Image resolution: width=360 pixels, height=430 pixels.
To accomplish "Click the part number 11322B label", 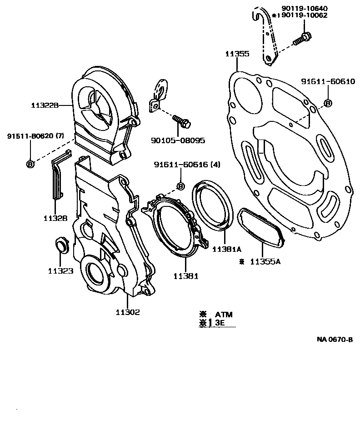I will tap(45, 105).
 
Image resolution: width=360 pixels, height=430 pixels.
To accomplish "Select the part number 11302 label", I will tap(127, 312).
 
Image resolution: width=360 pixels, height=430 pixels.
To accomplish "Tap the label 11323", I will tap(60, 271).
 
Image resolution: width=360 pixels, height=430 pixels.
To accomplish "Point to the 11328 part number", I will tap(56, 218).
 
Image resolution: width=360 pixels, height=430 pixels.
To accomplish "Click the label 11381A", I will tap(226, 249).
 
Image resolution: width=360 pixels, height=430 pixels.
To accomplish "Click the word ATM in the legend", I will tap(223, 314).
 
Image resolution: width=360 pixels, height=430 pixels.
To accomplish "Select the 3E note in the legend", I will tap(220, 323).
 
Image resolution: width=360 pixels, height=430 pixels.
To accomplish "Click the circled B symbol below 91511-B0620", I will tap(30, 164).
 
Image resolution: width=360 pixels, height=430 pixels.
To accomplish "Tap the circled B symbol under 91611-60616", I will tap(180, 186).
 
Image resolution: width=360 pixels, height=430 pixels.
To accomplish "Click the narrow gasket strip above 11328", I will tap(56, 177).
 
